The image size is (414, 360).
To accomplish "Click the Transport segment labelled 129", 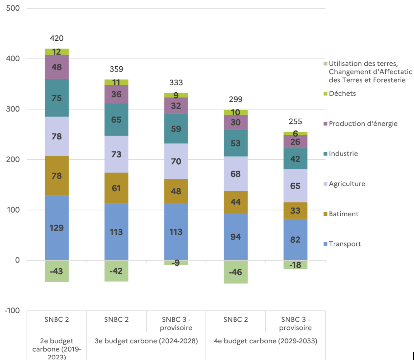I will tap(57, 228).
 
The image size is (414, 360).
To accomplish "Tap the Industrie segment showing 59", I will tap(176, 129).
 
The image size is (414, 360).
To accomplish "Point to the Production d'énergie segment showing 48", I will tap(57, 67).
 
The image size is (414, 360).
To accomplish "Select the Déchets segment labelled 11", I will tap(116, 82).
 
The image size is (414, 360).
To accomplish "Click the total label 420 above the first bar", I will tap(57, 38).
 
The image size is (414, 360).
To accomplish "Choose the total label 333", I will tap(176, 82).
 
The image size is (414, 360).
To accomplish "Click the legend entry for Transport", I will tap(345, 244).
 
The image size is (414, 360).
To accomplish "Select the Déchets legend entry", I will tap(342, 93).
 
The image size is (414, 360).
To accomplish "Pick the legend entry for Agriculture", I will tap(347, 184).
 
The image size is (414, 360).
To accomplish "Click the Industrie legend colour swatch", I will tap(325, 154).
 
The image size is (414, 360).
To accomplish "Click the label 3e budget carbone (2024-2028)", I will tap(146, 341).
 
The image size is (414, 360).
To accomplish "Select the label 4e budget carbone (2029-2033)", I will tap(265, 341).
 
